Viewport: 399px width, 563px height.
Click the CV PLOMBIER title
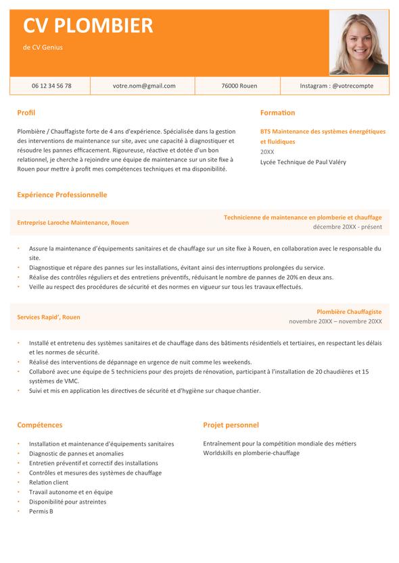click(x=88, y=26)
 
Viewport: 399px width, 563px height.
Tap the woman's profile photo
click(x=358, y=42)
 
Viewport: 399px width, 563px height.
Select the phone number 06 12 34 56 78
click(x=51, y=86)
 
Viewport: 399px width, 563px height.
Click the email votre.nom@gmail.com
click(x=144, y=86)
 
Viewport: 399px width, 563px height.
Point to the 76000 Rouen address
click(x=239, y=86)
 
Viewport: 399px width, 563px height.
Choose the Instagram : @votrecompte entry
click(x=335, y=86)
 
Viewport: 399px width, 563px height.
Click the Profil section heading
click(x=26, y=113)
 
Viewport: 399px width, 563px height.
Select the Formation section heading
click(x=277, y=113)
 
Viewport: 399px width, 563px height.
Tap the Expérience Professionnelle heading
click(x=62, y=194)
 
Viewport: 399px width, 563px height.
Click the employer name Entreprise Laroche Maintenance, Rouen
click(x=73, y=222)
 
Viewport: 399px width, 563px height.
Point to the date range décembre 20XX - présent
click(x=347, y=227)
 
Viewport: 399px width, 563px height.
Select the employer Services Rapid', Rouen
click(x=49, y=317)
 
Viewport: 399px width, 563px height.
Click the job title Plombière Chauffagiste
click(x=349, y=312)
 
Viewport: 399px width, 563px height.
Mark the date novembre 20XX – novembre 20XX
click(x=335, y=321)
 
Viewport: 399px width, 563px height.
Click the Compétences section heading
click(x=40, y=425)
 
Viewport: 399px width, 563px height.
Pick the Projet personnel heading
click(x=231, y=425)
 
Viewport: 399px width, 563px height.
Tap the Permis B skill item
click(x=41, y=511)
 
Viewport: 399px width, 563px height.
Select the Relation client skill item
click(x=49, y=483)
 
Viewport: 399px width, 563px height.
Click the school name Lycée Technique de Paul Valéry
click(x=303, y=162)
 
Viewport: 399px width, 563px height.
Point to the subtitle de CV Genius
click(x=43, y=47)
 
